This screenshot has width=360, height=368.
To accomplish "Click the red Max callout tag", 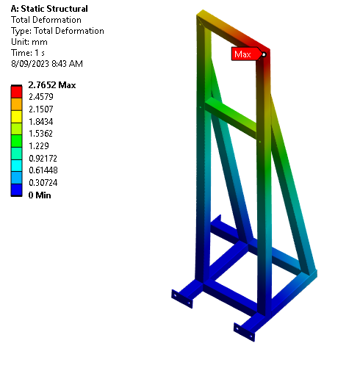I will (x=243, y=54).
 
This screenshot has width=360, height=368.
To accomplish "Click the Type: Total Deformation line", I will (x=57, y=31).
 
